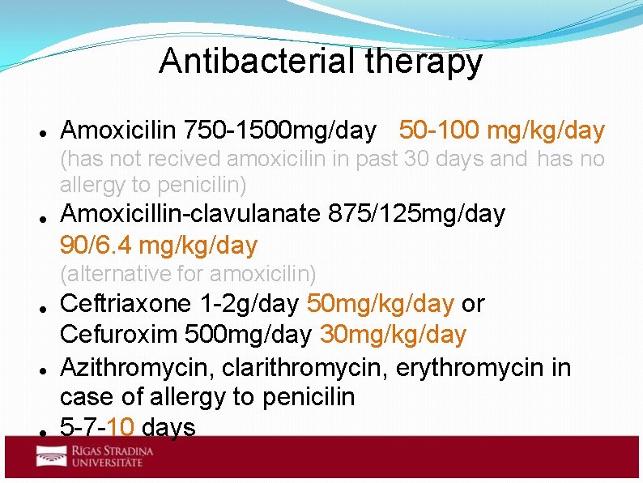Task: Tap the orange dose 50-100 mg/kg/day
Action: click(501, 130)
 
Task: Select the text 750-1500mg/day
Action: click(280, 130)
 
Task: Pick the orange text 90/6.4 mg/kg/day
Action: click(159, 246)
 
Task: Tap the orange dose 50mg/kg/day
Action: click(380, 304)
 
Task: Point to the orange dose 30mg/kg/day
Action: click(394, 335)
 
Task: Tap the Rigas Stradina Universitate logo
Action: click(89, 456)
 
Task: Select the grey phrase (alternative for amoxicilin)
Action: click(188, 274)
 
